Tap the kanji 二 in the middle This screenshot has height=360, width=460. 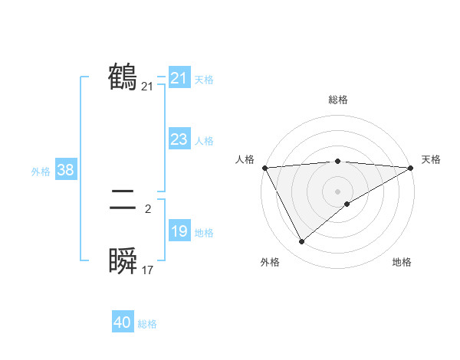pyautogui.click(x=123, y=201)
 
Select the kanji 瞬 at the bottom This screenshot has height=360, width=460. pyautogui.click(x=123, y=263)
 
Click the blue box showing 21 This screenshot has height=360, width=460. pyautogui.click(x=179, y=78)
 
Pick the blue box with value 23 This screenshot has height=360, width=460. pyautogui.click(x=179, y=139)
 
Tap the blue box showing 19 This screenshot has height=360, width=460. pyautogui.click(x=179, y=231)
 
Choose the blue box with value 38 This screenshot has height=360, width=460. pyautogui.click(x=65, y=170)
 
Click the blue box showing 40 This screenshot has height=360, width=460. pyautogui.click(x=123, y=322)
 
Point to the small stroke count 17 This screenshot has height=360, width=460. pyautogui.click(x=148, y=270)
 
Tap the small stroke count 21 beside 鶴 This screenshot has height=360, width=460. pyautogui.click(x=148, y=87)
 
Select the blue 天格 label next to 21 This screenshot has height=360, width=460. pyautogui.click(x=204, y=79)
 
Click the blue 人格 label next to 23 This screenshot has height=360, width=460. pyautogui.click(x=204, y=140)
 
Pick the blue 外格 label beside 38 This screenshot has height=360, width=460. pyautogui.click(x=41, y=172)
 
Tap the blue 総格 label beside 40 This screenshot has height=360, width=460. pyautogui.click(x=147, y=324)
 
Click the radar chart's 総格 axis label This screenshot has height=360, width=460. pyautogui.click(x=337, y=100)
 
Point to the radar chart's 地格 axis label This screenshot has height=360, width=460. pyautogui.click(x=402, y=262)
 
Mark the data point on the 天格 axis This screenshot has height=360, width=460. pyautogui.click(x=411, y=168)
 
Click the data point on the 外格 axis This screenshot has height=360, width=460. pyautogui.click(x=301, y=242)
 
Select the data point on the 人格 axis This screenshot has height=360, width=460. pyautogui.click(x=264, y=168)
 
